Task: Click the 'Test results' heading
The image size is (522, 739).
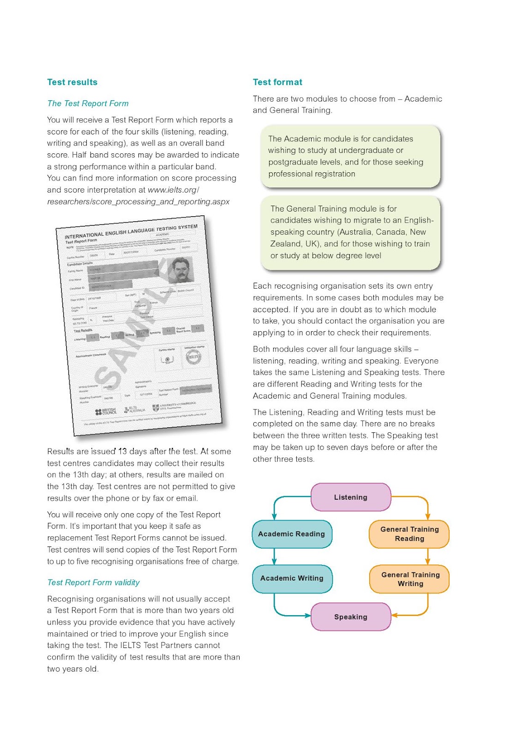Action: pyautogui.click(x=72, y=82)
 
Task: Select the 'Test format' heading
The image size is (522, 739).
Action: pyautogui.click(x=277, y=82)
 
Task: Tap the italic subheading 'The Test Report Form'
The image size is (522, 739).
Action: pyautogui.click(x=88, y=103)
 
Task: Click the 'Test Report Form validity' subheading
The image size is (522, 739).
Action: pyautogui.click(x=93, y=582)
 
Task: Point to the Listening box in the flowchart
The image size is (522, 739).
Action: pyautogui.click(x=351, y=497)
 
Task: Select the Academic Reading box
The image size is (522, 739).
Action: pyautogui.click(x=292, y=534)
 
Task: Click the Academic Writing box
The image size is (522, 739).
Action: pyautogui.click(x=292, y=578)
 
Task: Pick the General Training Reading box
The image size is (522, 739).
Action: pyautogui.click(x=409, y=534)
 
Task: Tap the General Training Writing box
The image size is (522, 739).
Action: pyautogui.click(x=410, y=579)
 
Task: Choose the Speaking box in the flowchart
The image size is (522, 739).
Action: pyautogui.click(x=351, y=617)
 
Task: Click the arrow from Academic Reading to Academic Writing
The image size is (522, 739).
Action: pyautogui.click(x=275, y=557)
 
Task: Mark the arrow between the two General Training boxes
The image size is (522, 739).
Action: pyautogui.click(x=428, y=557)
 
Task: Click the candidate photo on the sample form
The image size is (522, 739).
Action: pyautogui.click(x=182, y=270)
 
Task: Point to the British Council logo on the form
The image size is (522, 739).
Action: pyautogui.click(x=106, y=412)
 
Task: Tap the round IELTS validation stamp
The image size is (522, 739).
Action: pyautogui.click(x=193, y=357)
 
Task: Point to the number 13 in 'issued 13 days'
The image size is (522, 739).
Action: pyautogui.click(x=122, y=451)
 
